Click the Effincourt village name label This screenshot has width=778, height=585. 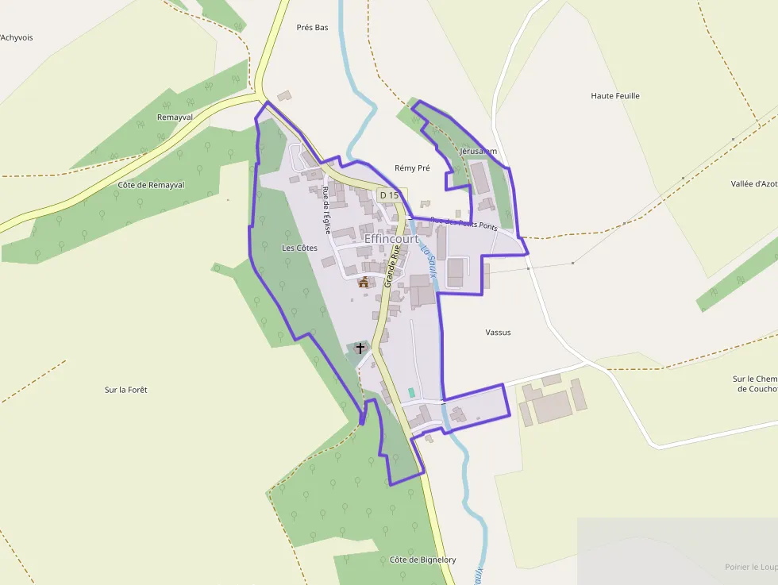(x=391, y=238)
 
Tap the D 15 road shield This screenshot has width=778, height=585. (x=389, y=195)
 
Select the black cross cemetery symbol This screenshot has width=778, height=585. (x=360, y=348)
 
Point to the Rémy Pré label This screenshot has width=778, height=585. (x=412, y=168)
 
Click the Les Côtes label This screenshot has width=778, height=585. (x=299, y=248)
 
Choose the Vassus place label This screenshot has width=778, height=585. (x=498, y=333)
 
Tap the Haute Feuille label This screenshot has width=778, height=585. (x=615, y=96)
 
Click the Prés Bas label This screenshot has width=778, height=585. (x=312, y=27)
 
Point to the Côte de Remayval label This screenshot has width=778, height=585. (x=151, y=185)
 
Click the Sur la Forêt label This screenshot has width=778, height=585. (x=126, y=390)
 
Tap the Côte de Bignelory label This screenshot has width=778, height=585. (x=422, y=560)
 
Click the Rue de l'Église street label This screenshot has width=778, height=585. (x=326, y=210)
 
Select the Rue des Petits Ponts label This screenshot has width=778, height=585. (x=464, y=224)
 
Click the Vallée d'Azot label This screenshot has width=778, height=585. (x=753, y=183)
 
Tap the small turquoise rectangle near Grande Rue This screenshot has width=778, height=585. (x=411, y=392)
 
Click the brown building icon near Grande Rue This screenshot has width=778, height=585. (x=364, y=282)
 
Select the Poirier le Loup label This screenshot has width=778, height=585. (x=750, y=567)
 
